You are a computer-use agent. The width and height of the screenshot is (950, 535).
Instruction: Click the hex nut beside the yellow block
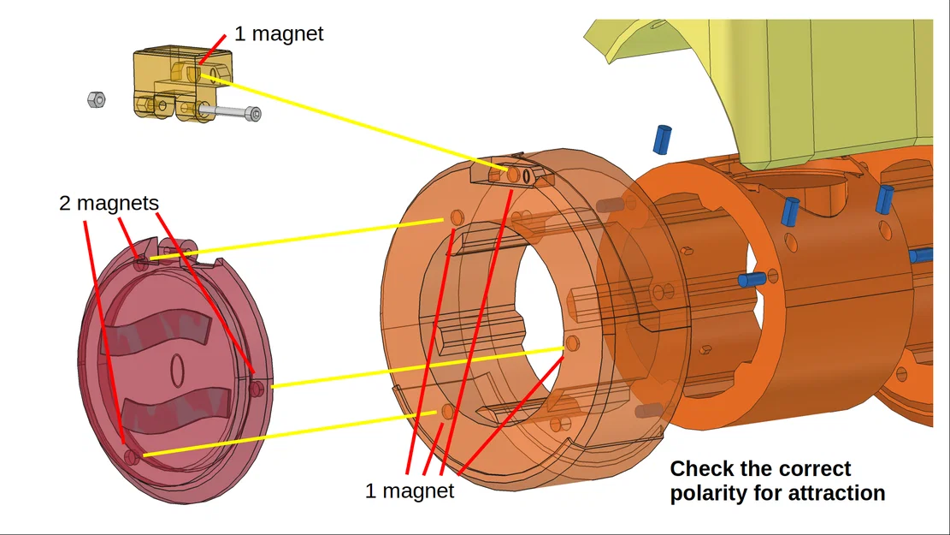(x=97, y=99)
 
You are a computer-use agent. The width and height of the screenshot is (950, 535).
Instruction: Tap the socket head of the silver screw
(x=255, y=114)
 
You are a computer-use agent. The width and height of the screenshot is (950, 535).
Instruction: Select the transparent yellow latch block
(x=182, y=83)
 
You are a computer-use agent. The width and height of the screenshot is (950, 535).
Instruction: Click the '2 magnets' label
(x=109, y=203)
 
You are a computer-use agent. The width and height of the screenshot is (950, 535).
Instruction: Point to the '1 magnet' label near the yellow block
(x=279, y=33)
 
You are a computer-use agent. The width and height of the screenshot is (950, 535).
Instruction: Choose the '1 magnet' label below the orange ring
(x=410, y=490)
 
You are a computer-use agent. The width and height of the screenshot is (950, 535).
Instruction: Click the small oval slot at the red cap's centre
(x=176, y=370)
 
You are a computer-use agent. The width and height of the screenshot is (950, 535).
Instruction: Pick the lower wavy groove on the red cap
(x=177, y=413)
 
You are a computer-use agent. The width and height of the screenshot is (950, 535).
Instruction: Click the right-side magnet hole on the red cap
(x=257, y=387)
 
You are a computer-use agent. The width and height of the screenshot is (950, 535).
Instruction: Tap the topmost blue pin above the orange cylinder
(x=662, y=139)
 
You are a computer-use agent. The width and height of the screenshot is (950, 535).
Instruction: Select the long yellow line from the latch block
(x=354, y=122)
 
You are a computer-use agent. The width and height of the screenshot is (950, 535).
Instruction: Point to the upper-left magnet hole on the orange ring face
(x=457, y=217)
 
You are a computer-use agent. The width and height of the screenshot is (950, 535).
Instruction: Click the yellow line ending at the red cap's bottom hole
(x=290, y=434)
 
